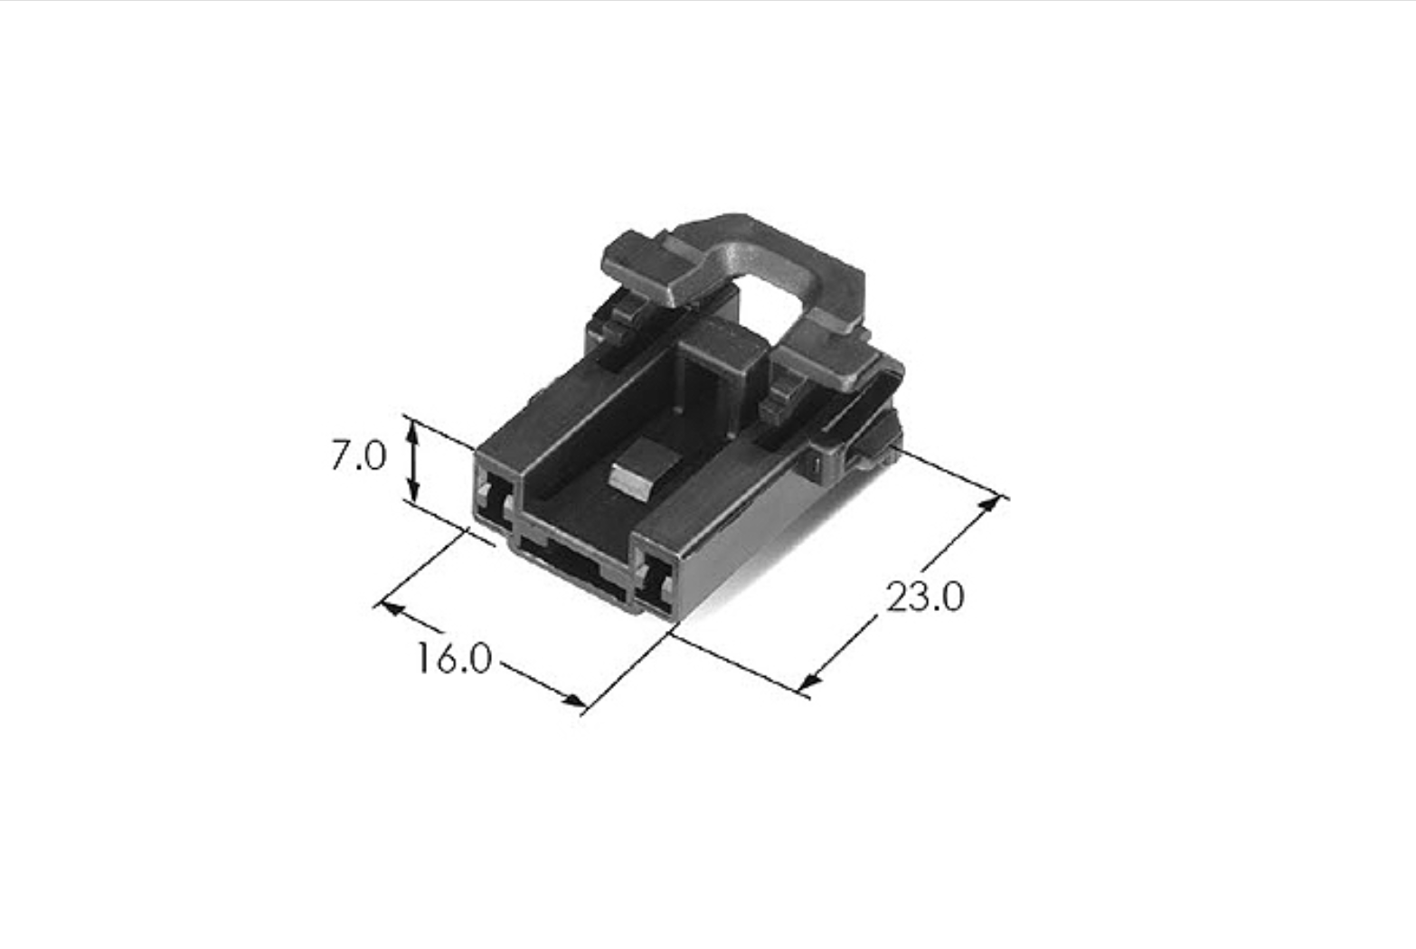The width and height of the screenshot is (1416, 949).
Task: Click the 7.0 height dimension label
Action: point(358,456)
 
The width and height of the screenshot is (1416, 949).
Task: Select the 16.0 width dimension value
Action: point(454,659)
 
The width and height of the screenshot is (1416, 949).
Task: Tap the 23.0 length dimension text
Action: point(924,597)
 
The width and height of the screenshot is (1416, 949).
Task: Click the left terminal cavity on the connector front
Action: point(496,503)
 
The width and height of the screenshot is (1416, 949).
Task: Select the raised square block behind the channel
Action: point(721,365)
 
